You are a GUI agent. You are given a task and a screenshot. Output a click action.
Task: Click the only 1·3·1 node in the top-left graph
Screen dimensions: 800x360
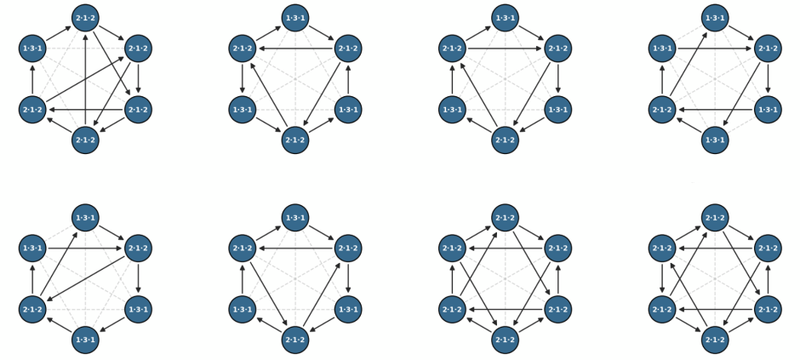click(32, 49)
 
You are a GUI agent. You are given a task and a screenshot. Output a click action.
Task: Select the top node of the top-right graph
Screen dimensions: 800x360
click(715, 18)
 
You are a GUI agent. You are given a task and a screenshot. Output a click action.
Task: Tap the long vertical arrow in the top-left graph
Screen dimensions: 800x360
click(85, 79)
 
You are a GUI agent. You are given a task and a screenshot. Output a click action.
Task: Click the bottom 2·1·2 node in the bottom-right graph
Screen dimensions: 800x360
click(715, 340)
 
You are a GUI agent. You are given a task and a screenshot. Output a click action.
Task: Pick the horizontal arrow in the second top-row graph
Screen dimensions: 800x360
click(295, 49)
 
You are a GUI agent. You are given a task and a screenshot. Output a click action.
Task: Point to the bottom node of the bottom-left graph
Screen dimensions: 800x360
click(85, 340)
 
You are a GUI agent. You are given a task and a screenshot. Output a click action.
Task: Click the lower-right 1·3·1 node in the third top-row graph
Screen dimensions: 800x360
click(558, 110)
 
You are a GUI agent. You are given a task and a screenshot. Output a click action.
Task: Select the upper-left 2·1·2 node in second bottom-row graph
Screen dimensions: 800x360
click(243, 249)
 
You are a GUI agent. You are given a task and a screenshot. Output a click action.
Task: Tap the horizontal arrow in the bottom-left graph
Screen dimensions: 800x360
click(85, 249)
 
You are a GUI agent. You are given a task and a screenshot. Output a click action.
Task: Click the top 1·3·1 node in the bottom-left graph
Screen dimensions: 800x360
click(85, 218)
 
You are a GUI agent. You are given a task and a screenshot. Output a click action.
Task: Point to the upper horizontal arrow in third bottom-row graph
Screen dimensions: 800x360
click(505, 249)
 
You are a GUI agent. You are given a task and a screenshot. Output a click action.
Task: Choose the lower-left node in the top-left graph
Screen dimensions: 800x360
click(32, 110)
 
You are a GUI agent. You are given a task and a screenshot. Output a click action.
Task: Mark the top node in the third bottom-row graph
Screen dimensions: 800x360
click(505, 218)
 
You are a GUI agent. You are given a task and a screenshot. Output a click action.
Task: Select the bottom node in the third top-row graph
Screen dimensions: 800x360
click(505, 140)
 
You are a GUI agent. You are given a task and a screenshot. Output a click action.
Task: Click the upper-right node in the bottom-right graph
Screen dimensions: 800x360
click(768, 249)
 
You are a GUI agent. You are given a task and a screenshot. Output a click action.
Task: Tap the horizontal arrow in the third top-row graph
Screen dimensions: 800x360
click(505, 49)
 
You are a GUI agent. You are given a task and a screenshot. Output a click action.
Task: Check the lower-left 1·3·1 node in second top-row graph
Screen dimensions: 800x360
click(243, 110)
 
